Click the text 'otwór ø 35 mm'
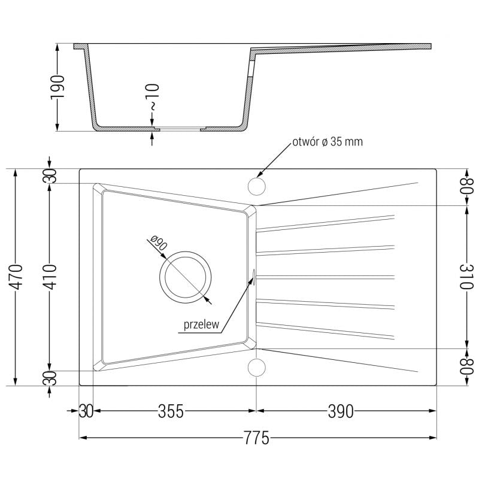click(x=327, y=142)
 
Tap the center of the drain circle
click(x=185, y=277)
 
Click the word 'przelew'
click(x=200, y=325)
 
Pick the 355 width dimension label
click(x=171, y=412)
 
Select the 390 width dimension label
click(x=341, y=412)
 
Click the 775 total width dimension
click(x=256, y=438)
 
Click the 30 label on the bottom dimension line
click(x=86, y=412)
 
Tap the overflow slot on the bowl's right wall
click(x=254, y=277)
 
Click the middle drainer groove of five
click(x=326, y=277)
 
